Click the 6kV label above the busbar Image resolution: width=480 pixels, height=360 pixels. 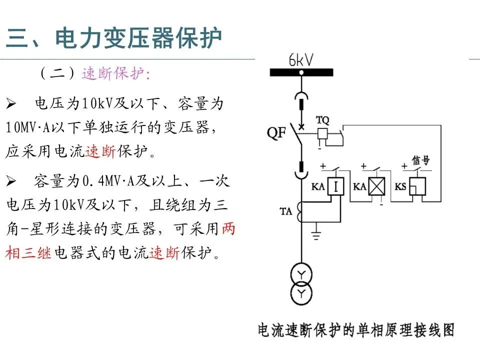pyautogui.click(x=301, y=60)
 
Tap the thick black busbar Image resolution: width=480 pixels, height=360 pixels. pyautogui.click(x=301, y=72)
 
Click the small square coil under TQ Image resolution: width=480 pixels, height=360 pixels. pyautogui.click(x=322, y=133)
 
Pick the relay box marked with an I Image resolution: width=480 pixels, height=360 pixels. pyautogui.click(x=336, y=187)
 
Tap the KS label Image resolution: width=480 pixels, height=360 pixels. pyautogui.click(x=400, y=186)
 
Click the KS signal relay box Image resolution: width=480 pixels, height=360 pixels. pyautogui.click(x=417, y=187)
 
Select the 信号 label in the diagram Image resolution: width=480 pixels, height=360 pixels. pyautogui.click(x=420, y=161)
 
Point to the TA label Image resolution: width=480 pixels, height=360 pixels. pyautogui.click(x=285, y=211)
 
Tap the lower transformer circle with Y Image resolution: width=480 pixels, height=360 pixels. pyautogui.click(x=301, y=291)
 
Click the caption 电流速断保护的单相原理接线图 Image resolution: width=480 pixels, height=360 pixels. pyautogui.click(x=356, y=330)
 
